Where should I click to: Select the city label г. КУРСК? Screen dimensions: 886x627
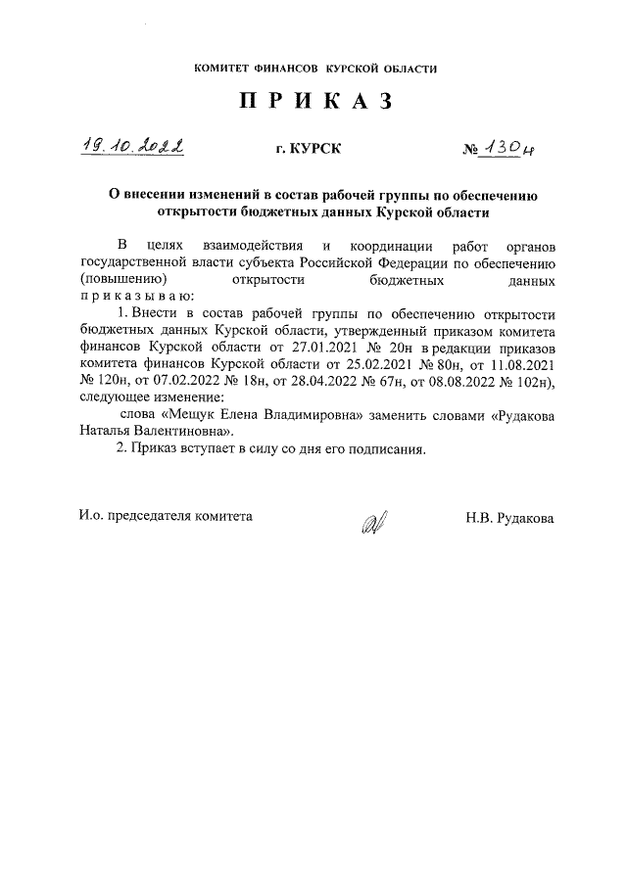[311, 150]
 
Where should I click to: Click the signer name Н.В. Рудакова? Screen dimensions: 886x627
[509, 517]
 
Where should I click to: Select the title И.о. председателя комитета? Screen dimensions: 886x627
[165, 516]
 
